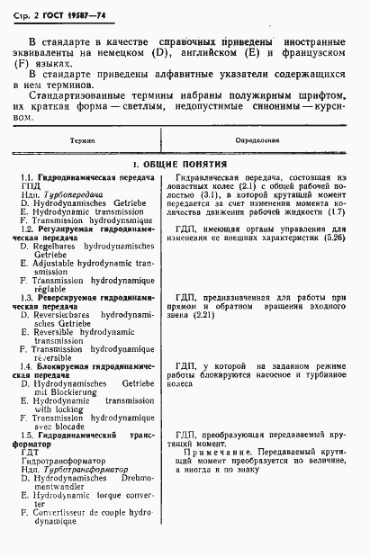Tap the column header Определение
tap(258, 141)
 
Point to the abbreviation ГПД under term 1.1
tap(32, 187)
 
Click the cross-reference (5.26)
tap(331, 239)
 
